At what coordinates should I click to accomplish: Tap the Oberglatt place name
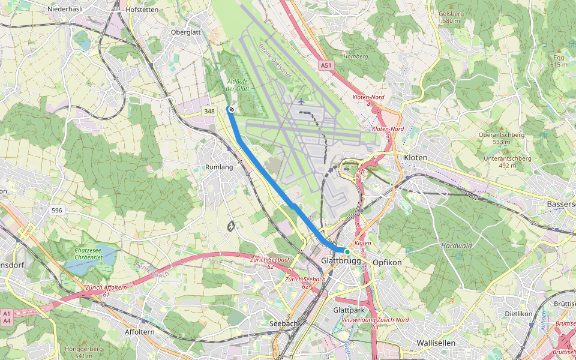tap(185, 32)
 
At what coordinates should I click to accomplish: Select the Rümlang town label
tap(218, 167)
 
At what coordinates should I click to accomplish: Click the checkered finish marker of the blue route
tap(230, 109)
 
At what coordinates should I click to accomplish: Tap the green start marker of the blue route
tap(347, 251)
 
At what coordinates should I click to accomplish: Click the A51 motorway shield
tap(326, 65)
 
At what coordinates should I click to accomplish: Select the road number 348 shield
tap(209, 111)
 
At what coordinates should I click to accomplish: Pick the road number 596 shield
tap(57, 210)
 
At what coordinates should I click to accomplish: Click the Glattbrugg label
tap(340, 262)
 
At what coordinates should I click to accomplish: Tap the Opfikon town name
tap(387, 263)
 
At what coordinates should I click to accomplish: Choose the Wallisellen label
tap(436, 343)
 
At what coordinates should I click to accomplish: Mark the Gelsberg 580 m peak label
tap(451, 17)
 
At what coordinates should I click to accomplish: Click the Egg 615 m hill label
tap(558, 61)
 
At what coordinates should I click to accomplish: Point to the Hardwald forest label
tap(456, 245)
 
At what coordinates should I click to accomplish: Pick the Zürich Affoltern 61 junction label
tap(106, 291)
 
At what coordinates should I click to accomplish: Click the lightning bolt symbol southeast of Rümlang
tap(231, 226)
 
